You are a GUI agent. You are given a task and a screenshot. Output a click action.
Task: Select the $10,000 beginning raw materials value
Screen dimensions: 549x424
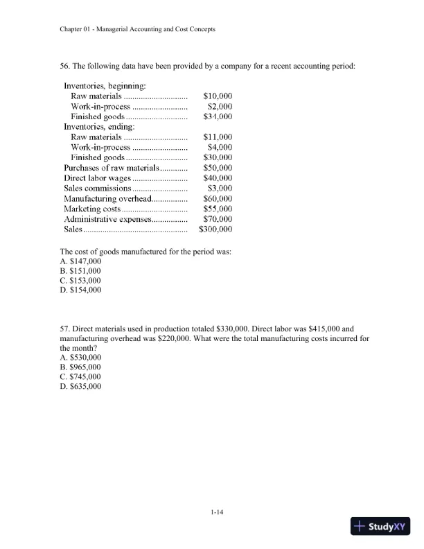point(218,96)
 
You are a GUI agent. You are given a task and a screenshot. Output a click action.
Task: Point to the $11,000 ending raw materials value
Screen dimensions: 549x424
point(218,137)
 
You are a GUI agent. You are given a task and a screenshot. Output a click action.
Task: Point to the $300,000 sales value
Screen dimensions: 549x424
point(215,229)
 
